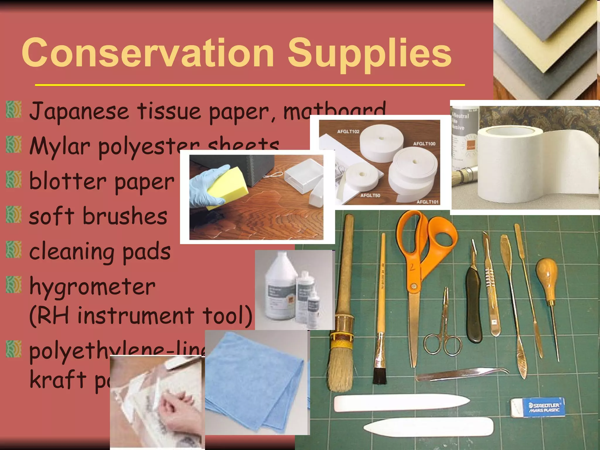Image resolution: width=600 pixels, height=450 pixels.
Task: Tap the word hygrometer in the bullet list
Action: [x=92, y=287]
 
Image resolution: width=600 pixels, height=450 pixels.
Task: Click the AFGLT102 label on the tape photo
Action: [x=348, y=132]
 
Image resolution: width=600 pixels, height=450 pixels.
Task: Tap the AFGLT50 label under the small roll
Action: [x=370, y=195]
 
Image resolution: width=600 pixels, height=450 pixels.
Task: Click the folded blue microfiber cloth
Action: [x=255, y=381]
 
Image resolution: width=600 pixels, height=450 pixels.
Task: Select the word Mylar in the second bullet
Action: [x=60, y=146]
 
